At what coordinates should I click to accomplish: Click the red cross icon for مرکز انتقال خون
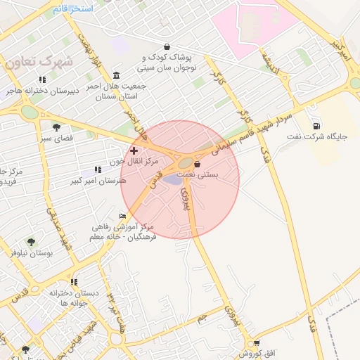point(134,150)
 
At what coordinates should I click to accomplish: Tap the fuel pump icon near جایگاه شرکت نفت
point(315,125)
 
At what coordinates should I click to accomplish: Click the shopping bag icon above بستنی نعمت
point(197,164)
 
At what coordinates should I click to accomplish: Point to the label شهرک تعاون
point(39,62)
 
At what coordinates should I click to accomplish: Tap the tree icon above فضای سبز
point(56,127)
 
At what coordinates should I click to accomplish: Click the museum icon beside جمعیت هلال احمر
point(116,75)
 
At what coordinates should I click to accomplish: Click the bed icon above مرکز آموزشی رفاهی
point(123,216)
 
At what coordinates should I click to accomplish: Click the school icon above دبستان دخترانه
point(74,282)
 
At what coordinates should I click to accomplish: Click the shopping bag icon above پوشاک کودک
point(166,46)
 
